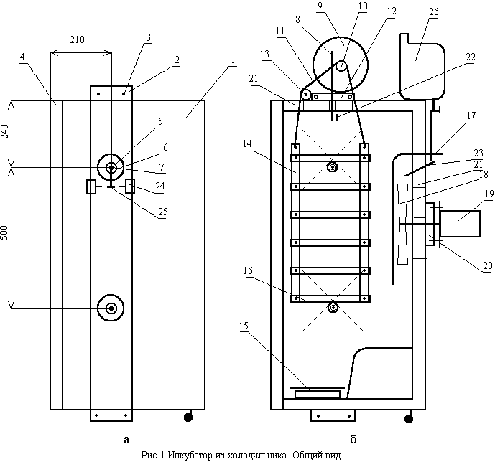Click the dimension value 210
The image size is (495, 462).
[78, 39]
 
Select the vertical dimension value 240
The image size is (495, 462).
[5, 131]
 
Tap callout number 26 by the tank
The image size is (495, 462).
[434, 11]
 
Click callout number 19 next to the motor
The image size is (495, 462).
[489, 194]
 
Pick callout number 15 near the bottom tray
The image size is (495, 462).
[244, 326]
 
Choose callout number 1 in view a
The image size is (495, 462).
[233, 60]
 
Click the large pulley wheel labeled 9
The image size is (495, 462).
[341, 65]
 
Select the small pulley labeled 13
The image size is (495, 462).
[305, 94]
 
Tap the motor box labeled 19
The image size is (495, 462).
[460, 223]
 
